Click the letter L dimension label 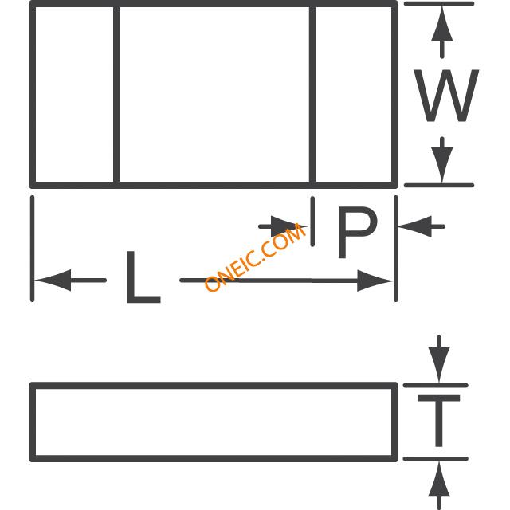(143, 278)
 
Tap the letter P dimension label (355, 232)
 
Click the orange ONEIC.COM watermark (256, 257)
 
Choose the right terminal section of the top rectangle (354, 94)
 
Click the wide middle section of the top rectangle (214, 94)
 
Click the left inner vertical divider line (117, 94)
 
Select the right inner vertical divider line (312, 94)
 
